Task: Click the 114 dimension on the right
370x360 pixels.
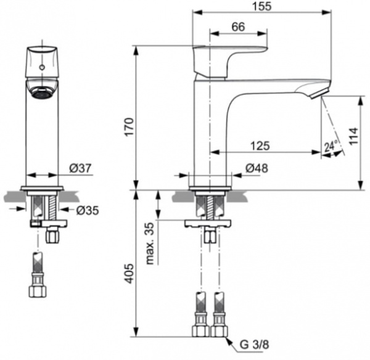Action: click(x=353, y=136)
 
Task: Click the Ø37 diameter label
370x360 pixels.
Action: click(x=80, y=168)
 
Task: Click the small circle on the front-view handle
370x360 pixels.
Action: click(x=42, y=64)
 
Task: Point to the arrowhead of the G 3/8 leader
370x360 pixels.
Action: click(x=229, y=337)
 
